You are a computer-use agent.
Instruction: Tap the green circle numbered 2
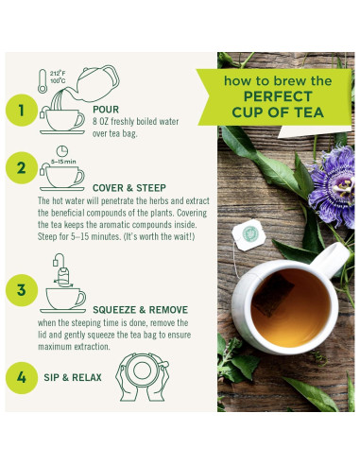pos(20,170)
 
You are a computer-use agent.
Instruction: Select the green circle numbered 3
pos(20,289)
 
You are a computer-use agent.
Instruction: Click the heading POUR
pos(105,109)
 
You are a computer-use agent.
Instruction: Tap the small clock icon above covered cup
pos(61,150)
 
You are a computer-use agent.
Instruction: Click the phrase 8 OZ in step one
pos(104,121)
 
